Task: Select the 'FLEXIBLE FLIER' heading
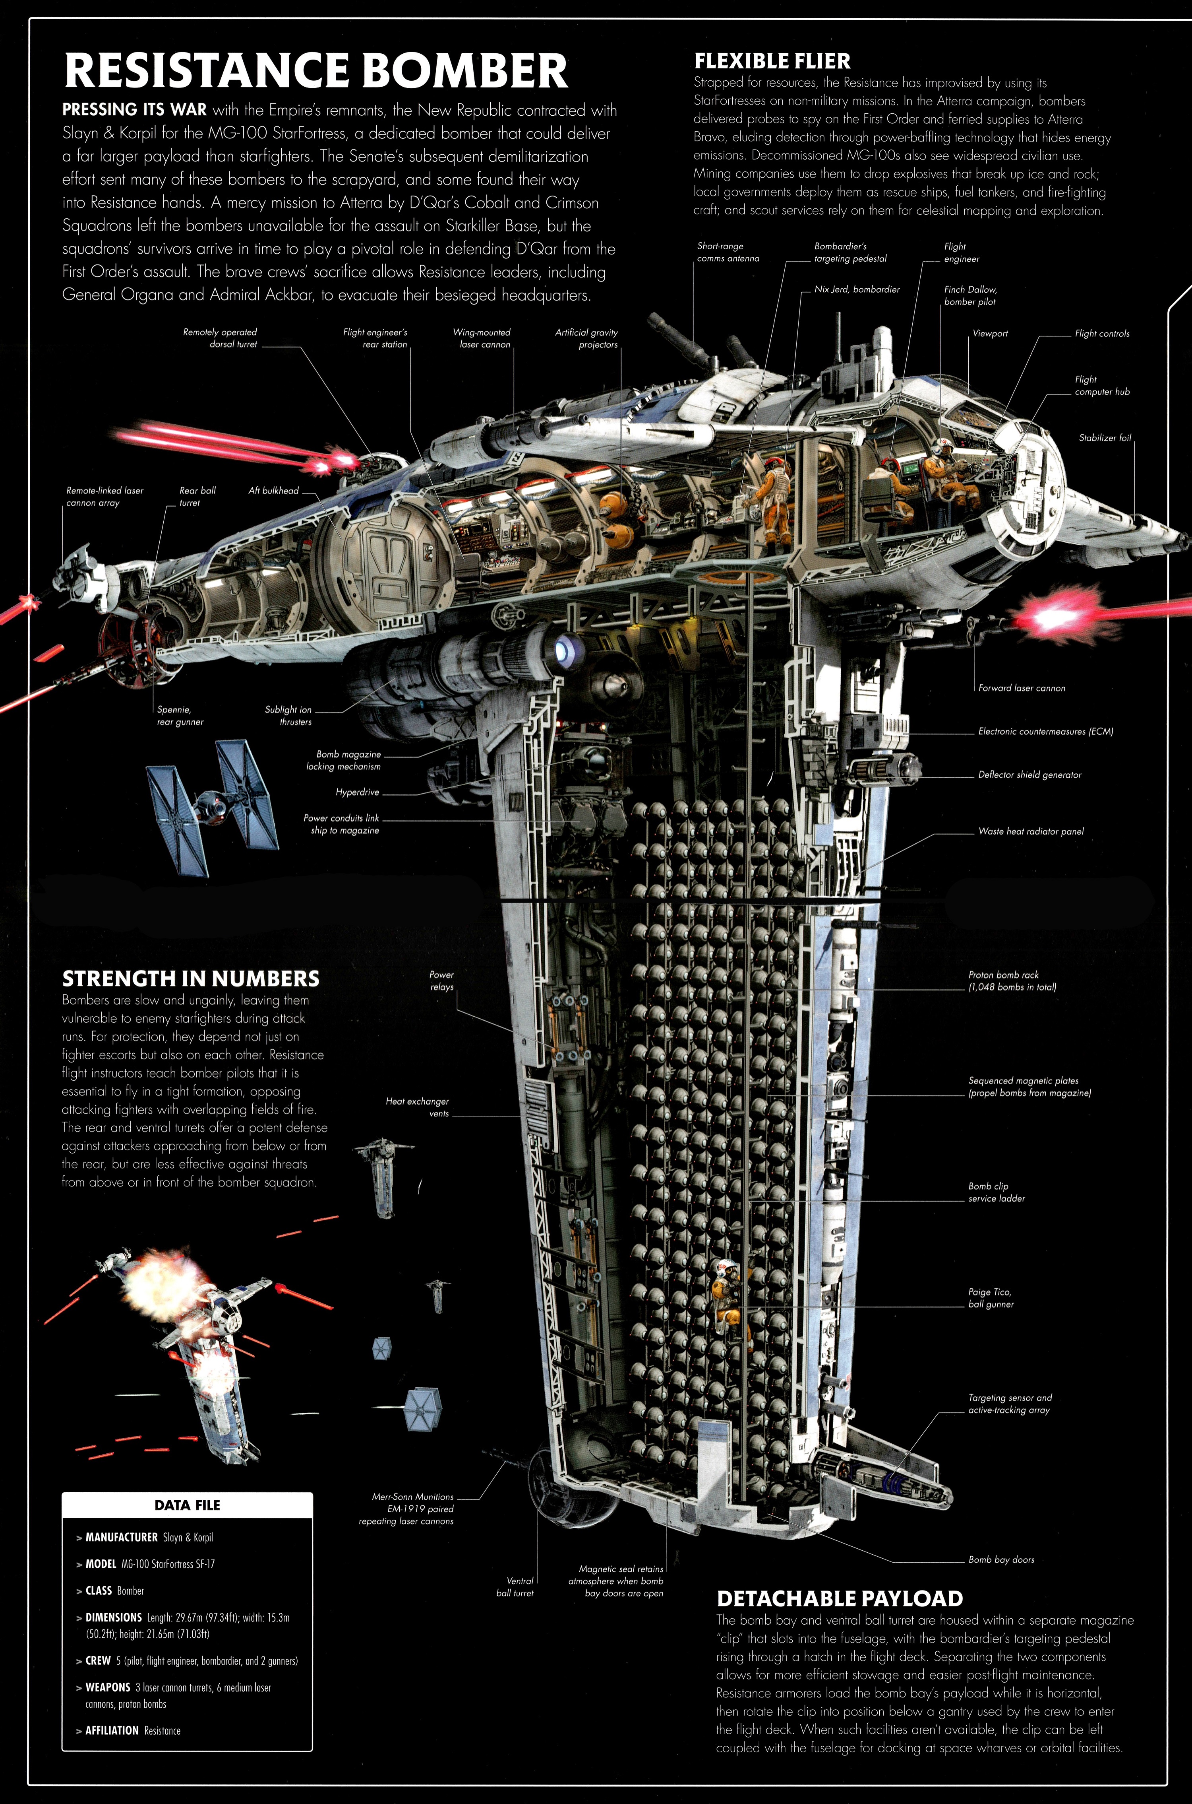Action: tap(772, 61)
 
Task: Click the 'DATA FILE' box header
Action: tap(187, 1505)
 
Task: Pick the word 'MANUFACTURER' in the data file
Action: tap(122, 1537)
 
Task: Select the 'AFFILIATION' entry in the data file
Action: tap(112, 1730)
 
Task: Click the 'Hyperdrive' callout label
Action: tap(357, 792)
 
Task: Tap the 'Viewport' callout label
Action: tap(990, 333)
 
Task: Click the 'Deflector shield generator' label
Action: tap(1029, 774)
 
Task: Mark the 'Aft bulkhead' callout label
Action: tap(274, 491)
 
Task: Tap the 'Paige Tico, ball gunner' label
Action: tap(990, 1297)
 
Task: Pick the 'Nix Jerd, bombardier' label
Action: tap(857, 289)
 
